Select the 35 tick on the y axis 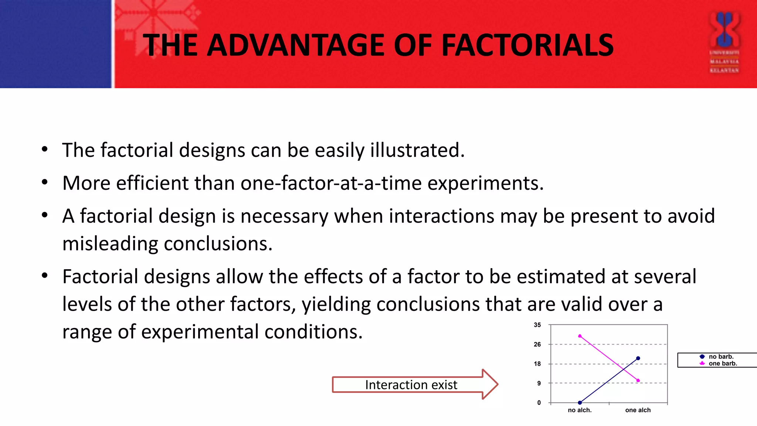point(537,325)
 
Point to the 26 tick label point(537,344)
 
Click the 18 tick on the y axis point(537,364)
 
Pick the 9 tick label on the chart point(539,383)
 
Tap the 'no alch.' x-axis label point(580,410)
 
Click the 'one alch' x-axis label point(638,410)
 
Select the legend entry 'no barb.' point(721,356)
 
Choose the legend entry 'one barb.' point(723,364)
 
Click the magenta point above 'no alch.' point(580,336)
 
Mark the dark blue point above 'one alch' point(638,358)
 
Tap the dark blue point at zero point(580,403)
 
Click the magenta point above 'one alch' point(638,380)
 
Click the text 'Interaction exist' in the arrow point(411,385)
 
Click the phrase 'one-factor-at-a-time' point(331,183)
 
